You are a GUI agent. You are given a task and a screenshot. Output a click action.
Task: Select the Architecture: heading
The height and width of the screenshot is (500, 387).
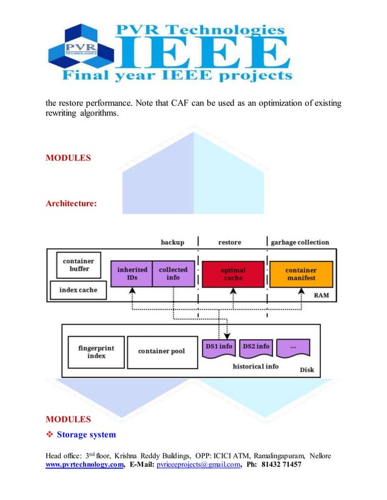tap(71, 203)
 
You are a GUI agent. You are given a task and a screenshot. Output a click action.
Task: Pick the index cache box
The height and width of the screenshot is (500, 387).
tap(78, 290)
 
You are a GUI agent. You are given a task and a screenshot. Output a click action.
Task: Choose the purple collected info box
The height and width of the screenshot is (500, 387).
tap(173, 273)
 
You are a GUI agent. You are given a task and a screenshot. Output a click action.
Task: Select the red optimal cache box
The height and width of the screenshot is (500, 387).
tap(233, 274)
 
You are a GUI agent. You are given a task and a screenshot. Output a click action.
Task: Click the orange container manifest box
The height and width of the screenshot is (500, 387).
tap(301, 274)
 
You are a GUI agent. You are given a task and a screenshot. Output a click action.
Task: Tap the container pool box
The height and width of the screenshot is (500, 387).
tap(161, 351)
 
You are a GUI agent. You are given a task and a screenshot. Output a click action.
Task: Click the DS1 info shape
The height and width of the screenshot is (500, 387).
tap(218, 347)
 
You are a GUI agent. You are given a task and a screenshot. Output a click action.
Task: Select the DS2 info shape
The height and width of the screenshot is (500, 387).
tap(256, 347)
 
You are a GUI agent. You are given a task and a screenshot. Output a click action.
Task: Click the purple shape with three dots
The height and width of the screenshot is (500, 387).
tap(293, 347)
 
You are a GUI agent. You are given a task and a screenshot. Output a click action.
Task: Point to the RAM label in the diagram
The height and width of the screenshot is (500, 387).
tap(321, 296)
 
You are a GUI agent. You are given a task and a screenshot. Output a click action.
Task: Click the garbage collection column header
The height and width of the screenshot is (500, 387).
tap(300, 242)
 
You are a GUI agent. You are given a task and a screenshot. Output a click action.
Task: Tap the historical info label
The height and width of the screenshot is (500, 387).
tap(256, 366)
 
